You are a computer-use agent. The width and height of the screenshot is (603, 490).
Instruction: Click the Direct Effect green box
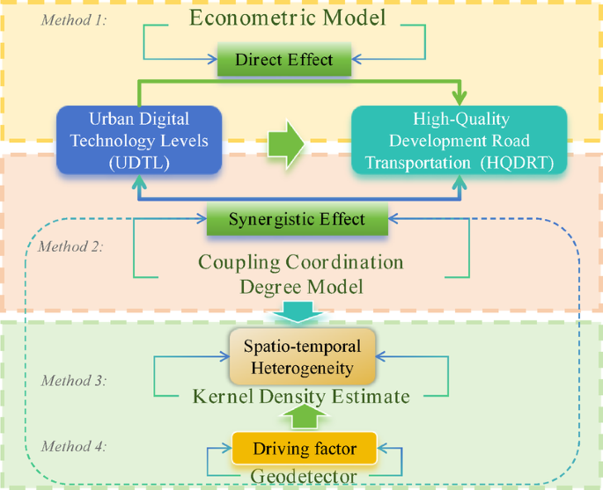pos(284,60)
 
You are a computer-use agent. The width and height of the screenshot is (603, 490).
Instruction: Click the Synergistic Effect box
pos(297,219)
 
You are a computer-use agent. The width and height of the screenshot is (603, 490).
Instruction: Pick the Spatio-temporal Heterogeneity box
pos(302,357)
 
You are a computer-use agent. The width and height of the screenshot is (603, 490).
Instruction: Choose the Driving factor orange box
pos(304,449)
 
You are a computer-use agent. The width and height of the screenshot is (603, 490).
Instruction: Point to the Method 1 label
pos(73,19)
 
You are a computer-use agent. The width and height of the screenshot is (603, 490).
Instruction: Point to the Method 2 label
pos(70,245)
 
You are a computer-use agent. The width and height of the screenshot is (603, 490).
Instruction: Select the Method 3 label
pos(73,381)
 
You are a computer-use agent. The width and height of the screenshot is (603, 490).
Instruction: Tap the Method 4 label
pos(73,446)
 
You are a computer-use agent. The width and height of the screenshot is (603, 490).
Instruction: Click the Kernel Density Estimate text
pos(301,398)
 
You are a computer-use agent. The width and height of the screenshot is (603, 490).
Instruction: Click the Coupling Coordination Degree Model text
pos(301,274)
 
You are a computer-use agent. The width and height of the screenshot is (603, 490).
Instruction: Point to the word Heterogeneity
pos(302,366)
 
